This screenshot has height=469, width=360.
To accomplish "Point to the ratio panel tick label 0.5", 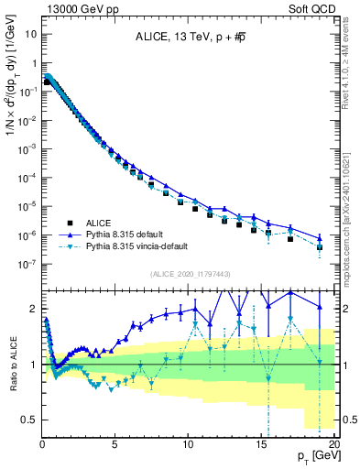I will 29,420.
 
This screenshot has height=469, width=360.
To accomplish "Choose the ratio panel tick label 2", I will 34,307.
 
